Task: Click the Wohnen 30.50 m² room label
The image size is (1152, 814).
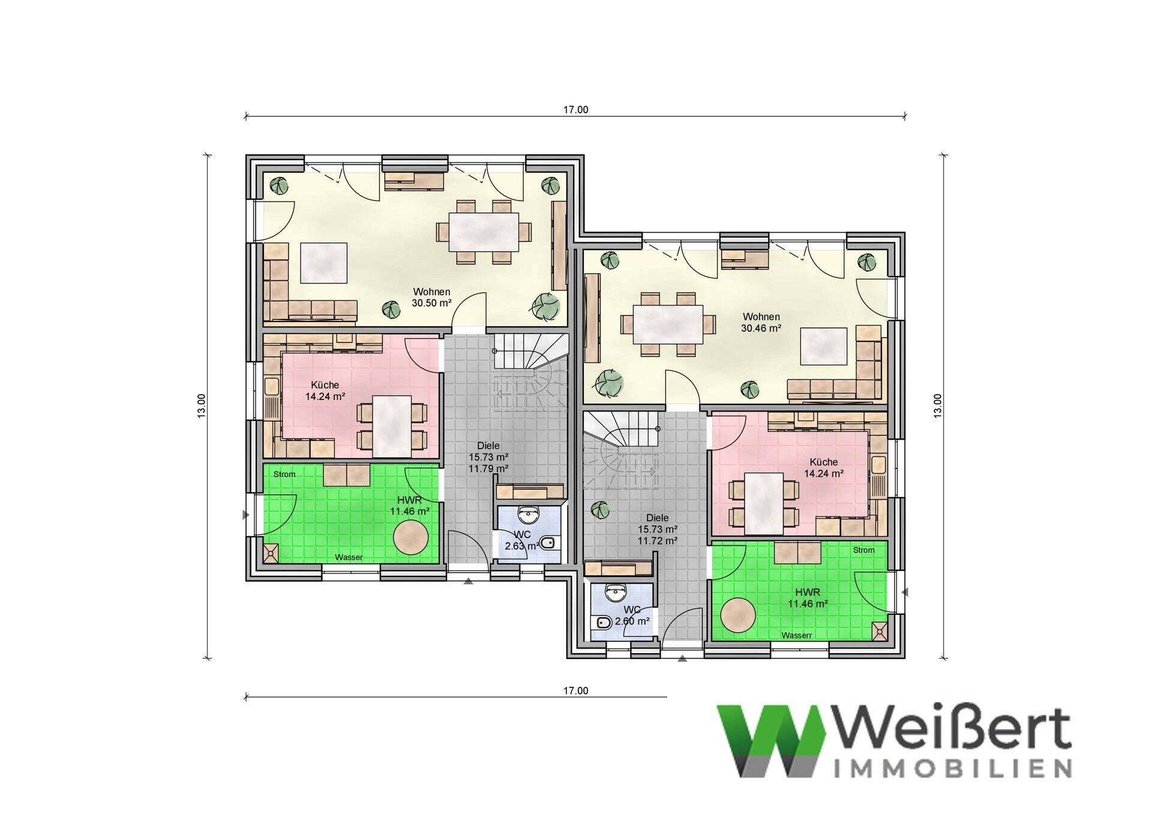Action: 431,298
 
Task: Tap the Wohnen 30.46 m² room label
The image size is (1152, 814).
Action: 761,322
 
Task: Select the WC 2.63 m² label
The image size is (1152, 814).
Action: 521,540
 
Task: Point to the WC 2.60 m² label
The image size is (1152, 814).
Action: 632,616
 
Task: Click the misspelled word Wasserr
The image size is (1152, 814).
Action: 796,635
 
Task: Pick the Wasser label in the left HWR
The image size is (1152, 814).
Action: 349,557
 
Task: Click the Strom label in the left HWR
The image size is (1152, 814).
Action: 284,474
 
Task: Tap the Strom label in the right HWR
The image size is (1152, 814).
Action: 863,550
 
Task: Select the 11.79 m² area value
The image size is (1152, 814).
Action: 488,468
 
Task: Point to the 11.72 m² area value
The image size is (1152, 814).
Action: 657,540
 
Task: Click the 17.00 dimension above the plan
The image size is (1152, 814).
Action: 575,110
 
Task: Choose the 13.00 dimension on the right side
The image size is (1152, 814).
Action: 938,406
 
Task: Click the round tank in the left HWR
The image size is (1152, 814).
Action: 410,535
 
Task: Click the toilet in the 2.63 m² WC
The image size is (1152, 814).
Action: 548,544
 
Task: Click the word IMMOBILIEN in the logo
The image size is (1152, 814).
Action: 953,768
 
